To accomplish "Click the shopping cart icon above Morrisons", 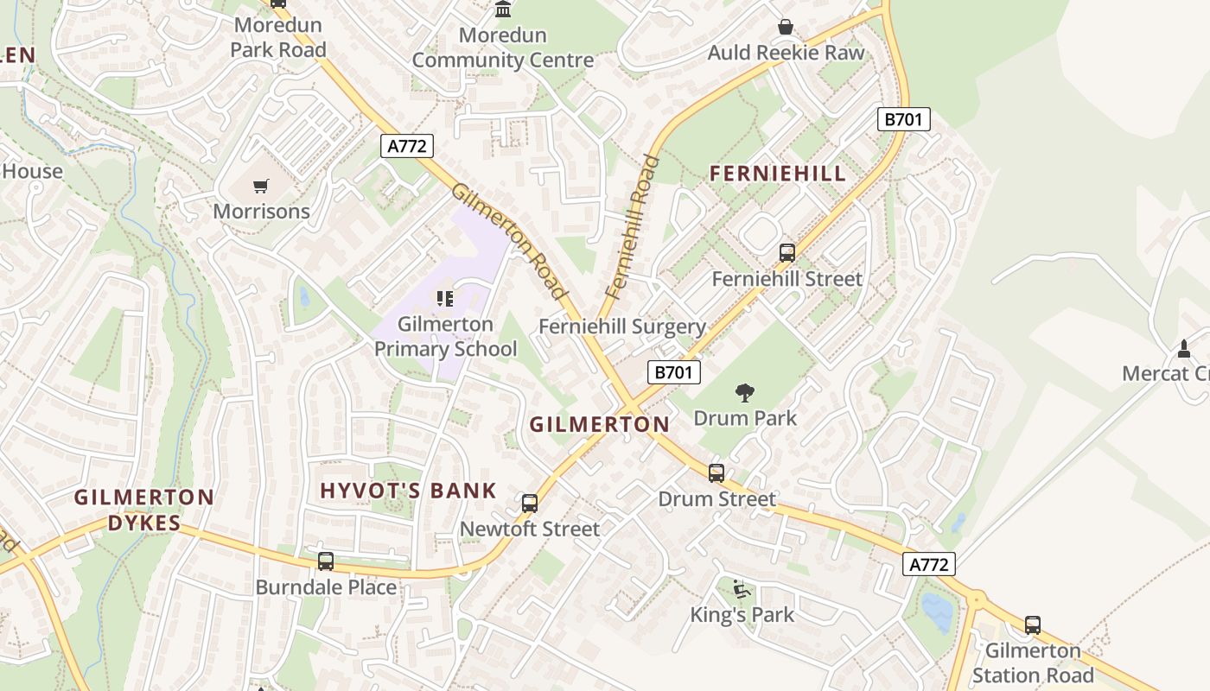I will coord(261,186).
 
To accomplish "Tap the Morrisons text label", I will coord(261,212).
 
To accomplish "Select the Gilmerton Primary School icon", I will coord(445,300).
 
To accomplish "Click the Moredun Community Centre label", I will coord(502,48).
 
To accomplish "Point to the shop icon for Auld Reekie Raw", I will coord(785,28).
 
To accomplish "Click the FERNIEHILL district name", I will coord(778,174).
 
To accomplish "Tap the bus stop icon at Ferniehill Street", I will coord(786,253).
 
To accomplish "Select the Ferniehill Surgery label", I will coord(622,326).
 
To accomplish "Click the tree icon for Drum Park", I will coord(744,394).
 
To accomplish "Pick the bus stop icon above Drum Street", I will coord(716,473).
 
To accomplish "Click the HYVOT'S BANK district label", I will coord(408,491).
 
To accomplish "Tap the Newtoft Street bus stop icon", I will coord(530,503).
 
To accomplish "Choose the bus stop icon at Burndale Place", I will coord(326,561).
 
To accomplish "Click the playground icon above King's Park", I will coord(741,589).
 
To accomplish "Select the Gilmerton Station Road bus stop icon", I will coord(1032,625).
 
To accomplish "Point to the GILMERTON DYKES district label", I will coord(143,510).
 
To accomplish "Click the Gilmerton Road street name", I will coord(511,241).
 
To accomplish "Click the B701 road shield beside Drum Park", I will coord(673,372).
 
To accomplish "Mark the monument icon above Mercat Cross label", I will coord(1183,349).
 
